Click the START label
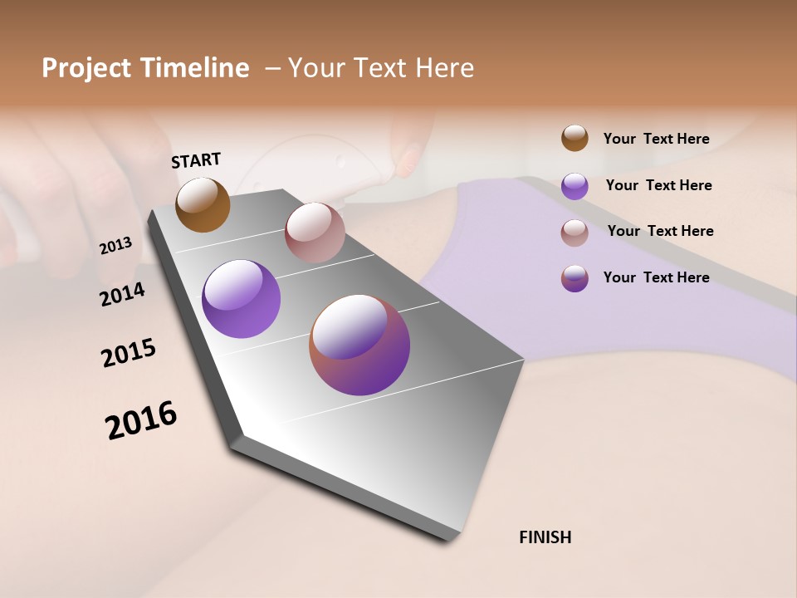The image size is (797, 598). point(196,160)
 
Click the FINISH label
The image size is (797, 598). point(545,537)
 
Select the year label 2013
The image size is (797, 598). point(115,246)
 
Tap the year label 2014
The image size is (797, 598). point(122,294)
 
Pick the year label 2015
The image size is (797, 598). point(129,353)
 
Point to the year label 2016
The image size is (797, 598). point(141,419)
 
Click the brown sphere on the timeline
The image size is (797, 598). point(203,205)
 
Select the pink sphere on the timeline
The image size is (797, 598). point(315,233)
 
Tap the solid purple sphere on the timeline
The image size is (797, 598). point(241,299)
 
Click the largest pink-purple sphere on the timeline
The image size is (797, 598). point(359,345)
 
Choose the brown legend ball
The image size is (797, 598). point(575,138)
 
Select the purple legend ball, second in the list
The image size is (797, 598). point(575,186)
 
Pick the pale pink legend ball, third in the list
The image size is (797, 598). point(575,233)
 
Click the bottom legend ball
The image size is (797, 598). point(575,278)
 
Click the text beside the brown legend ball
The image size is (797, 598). point(656,139)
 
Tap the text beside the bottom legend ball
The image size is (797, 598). point(656,277)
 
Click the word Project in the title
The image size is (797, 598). point(86,68)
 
